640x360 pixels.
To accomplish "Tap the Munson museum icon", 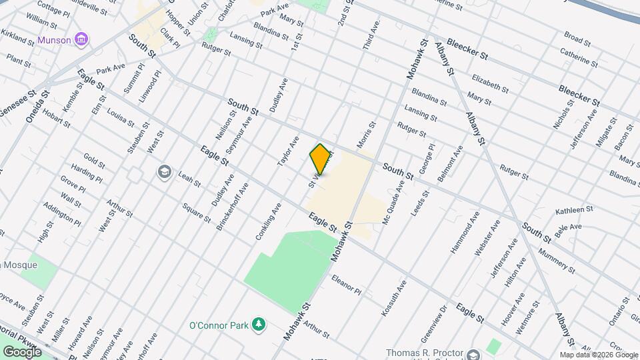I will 81,40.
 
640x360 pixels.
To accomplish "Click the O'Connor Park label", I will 218,325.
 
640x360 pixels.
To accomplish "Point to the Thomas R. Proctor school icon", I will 473,353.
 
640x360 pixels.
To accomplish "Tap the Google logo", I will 23,351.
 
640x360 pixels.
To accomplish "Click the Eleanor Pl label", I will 345,285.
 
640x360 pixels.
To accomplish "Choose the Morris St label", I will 367,134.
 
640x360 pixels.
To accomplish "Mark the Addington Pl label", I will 62,213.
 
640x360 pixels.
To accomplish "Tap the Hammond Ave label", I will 465,233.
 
